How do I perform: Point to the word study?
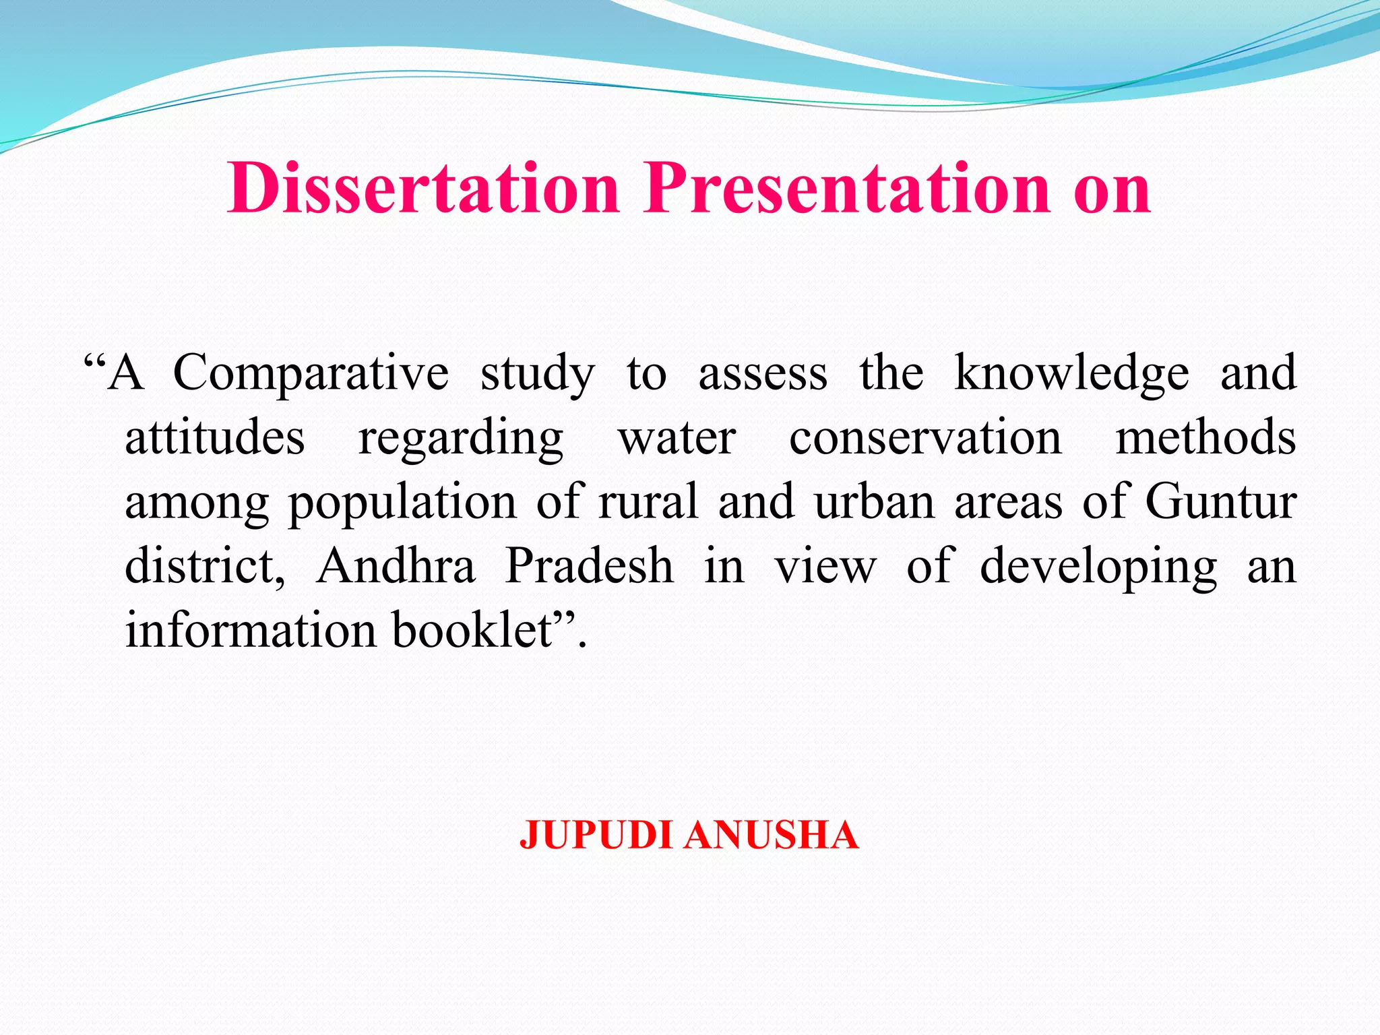[537, 375]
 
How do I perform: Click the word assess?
[763, 375]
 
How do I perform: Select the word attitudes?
[215, 438]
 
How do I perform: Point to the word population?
[402, 503]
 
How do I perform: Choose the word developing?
[1098, 567]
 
